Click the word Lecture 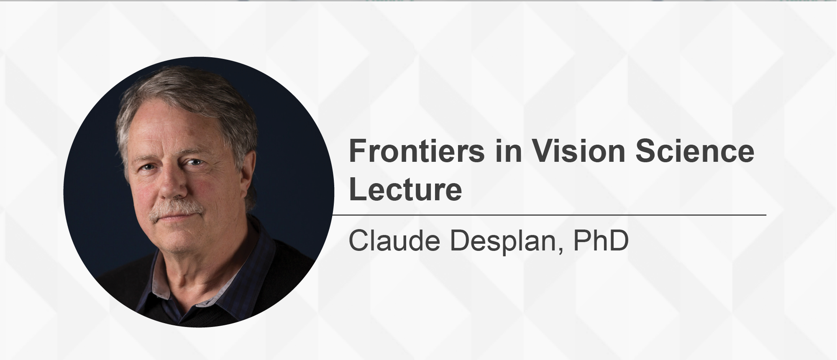405,189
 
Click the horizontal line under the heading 549,215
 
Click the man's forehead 176,130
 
